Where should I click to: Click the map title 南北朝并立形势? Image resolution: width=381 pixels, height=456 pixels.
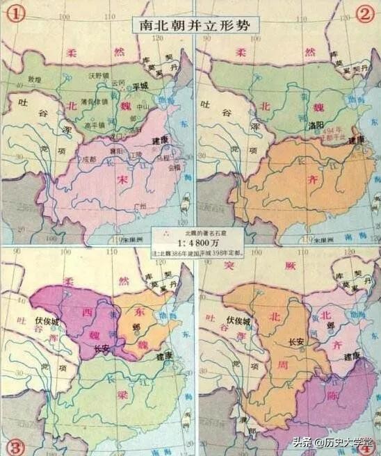190,24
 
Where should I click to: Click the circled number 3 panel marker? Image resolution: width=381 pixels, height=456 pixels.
12,445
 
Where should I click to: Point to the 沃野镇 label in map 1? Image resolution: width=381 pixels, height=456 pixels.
100,74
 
